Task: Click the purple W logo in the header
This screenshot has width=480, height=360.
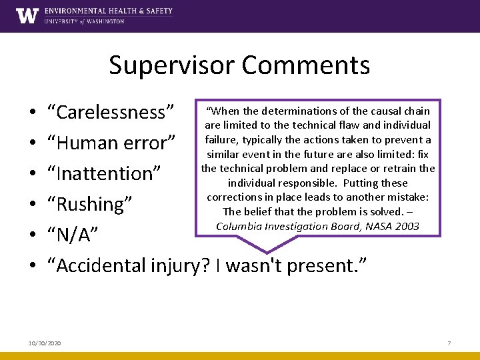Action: pyautogui.click(x=27, y=15)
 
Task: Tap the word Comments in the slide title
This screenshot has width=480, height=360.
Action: pyautogui.click(x=306, y=65)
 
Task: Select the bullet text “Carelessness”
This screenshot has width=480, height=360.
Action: pyautogui.click(x=110, y=112)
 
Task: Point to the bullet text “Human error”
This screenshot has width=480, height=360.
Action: pyautogui.click(x=111, y=143)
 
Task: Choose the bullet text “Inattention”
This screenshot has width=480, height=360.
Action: pyautogui.click(x=104, y=173)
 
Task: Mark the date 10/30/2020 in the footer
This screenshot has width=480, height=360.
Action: pyautogui.click(x=45, y=343)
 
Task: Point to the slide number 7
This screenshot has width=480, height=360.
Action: pyautogui.click(x=449, y=343)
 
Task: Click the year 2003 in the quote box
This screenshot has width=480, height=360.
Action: pyautogui.click(x=406, y=226)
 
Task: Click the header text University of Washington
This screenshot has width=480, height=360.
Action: pyautogui.click(x=84, y=21)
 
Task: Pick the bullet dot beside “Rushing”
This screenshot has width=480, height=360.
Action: pyautogui.click(x=33, y=205)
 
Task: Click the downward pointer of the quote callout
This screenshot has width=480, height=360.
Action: pyautogui.click(x=267, y=247)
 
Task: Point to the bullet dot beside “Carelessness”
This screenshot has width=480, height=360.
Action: pyautogui.click(x=33, y=113)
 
